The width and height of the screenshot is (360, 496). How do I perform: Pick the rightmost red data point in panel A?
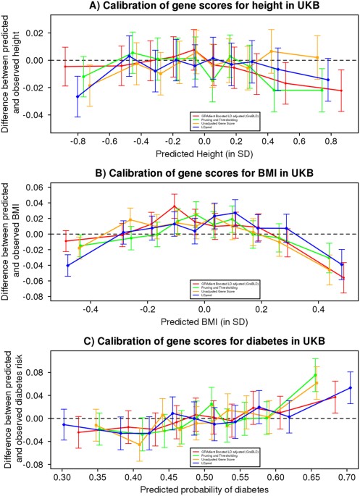point(341,91)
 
